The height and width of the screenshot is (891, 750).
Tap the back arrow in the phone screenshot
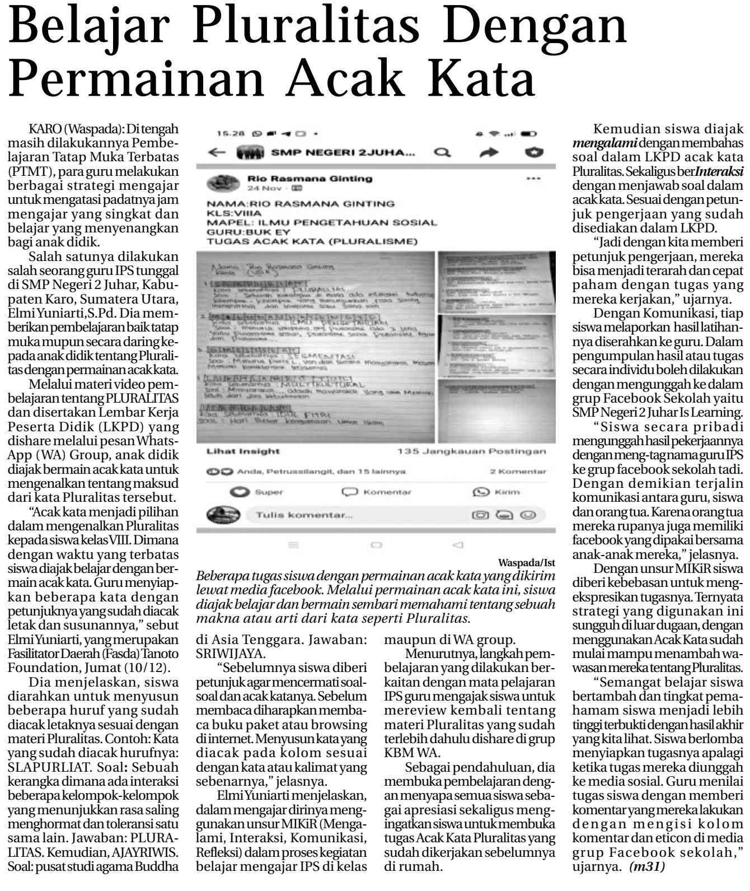(217, 152)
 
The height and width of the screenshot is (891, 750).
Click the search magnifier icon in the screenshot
(442, 152)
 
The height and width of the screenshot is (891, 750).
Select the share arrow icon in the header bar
(489, 152)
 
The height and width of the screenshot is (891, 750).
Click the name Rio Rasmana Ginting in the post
(310, 179)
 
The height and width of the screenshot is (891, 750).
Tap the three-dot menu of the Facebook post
(533, 179)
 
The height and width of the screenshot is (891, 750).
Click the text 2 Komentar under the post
(518, 472)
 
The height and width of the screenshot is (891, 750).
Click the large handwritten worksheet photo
(315, 347)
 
